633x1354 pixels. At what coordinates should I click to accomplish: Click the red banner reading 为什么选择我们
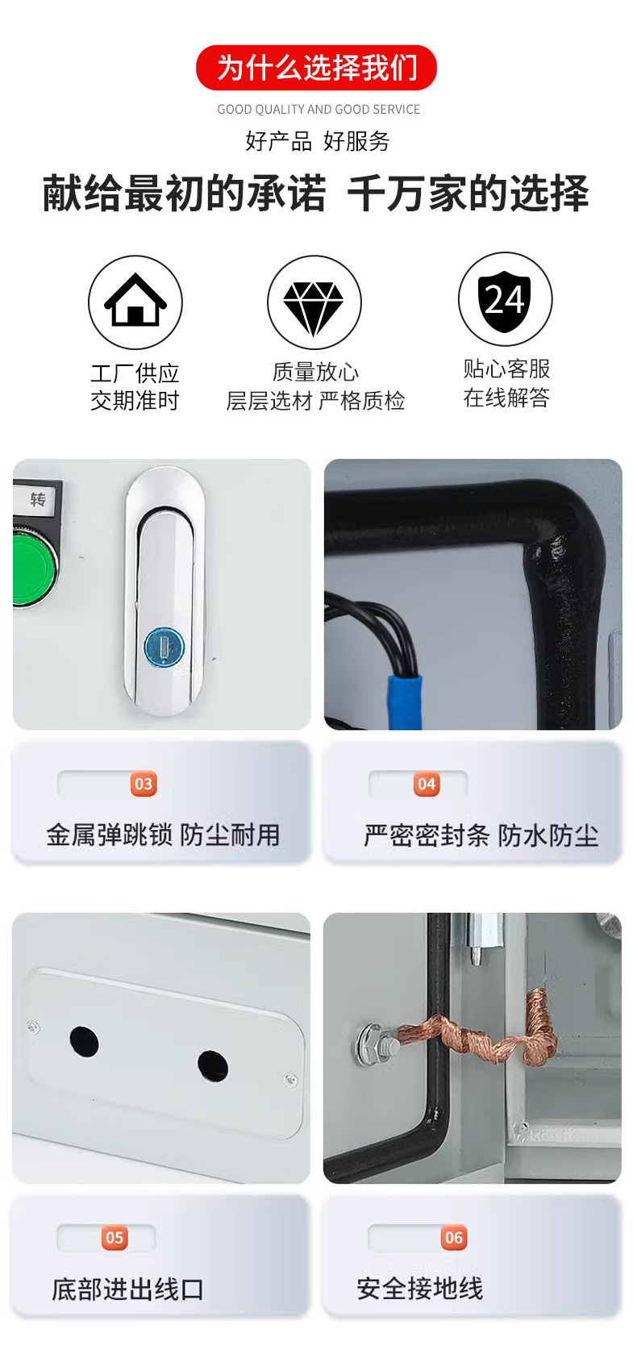coord(316,68)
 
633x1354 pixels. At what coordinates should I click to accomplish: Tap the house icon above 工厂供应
coord(135,301)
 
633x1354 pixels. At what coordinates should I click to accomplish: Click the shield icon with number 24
coord(505,301)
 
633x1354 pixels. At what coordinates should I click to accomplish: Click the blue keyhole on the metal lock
coord(164,647)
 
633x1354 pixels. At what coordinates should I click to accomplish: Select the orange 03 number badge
coord(144,784)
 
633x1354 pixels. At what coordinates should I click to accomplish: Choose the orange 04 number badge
coord(427,784)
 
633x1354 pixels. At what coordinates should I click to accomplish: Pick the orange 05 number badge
coord(115,1238)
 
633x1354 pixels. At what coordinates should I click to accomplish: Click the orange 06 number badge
coord(454,1238)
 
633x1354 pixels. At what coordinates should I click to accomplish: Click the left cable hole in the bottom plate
coord(84,1042)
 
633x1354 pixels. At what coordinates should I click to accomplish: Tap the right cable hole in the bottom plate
coord(213,1066)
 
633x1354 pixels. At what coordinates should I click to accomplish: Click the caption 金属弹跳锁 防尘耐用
coord(163,835)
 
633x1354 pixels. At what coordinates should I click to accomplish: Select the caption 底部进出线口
coord(127,1289)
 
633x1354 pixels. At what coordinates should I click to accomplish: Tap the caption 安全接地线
coord(419,1289)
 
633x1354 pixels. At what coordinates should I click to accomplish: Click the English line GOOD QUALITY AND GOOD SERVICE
coord(319,109)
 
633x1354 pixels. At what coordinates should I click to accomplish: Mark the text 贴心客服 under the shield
coord(506,369)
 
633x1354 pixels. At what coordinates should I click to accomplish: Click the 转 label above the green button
coord(37,500)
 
